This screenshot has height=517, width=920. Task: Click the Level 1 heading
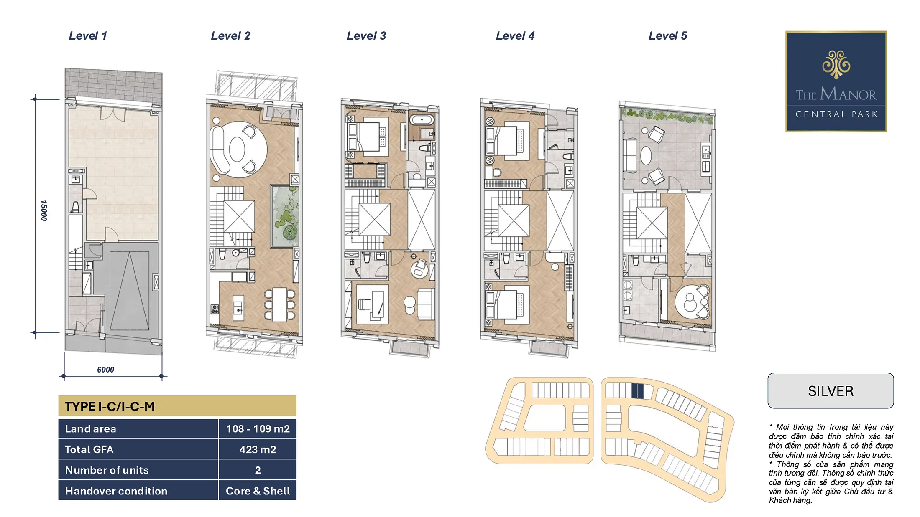[x=88, y=36]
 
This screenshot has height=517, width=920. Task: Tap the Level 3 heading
[x=366, y=36]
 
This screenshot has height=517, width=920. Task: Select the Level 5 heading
[x=668, y=36]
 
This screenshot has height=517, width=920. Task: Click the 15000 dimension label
[x=44, y=210]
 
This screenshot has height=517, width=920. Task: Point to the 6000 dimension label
[x=105, y=370]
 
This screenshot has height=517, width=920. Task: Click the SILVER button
[x=831, y=391]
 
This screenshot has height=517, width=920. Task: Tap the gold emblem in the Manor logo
[x=836, y=64]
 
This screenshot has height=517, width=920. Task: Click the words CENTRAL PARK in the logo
[x=836, y=114]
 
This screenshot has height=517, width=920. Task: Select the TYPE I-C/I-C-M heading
[x=110, y=406]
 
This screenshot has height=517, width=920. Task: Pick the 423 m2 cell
[x=258, y=449]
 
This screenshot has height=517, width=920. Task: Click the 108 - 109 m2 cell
[x=258, y=429]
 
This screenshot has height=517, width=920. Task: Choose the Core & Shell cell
[x=258, y=491]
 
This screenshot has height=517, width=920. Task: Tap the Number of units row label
[x=107, y=470]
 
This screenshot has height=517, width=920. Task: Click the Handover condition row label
[x=116, y=491]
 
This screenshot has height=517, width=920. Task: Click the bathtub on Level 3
[x=422, y=120]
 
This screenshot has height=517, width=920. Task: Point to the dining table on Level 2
[x=280, y=304]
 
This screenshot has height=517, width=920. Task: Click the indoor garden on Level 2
[x=284, y=216]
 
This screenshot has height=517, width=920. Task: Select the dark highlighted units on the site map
[x=637, y=391]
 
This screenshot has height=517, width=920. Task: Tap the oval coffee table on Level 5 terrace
[x=646, y=156]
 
